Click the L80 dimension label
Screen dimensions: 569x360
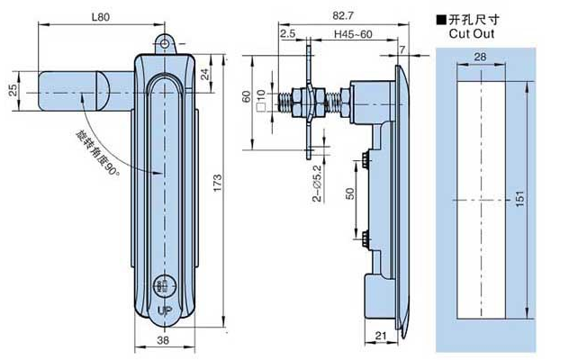click(101, 17)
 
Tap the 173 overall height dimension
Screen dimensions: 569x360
click(217, 184)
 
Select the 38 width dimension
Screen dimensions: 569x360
click(163, 340)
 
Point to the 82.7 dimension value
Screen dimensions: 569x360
click(343, 15)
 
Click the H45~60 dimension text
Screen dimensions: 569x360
click(353, 34)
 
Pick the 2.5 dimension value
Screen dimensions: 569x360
click(288, 34)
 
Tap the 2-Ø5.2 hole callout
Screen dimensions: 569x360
click(317, 184)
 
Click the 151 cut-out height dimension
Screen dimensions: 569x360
click(520, 199)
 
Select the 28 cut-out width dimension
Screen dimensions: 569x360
click(480, 57)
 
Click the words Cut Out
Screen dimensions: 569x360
click(472, 34)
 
